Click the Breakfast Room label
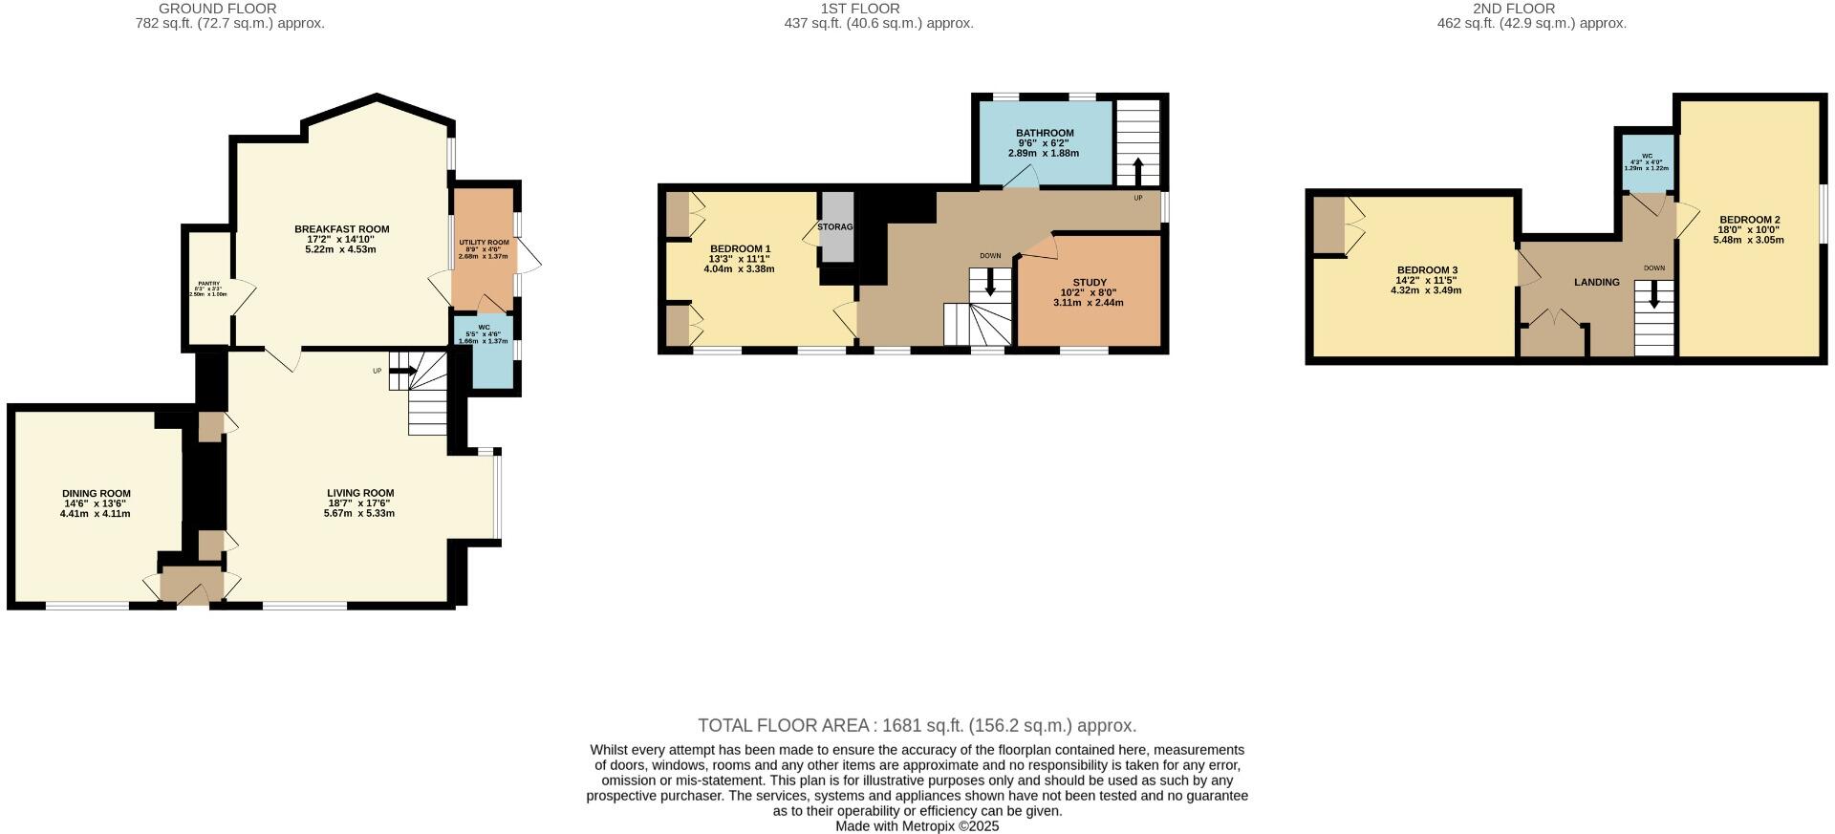coord(341,229)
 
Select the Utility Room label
coord(484,243)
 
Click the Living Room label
coord(360,493)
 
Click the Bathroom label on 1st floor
coord(1044,133)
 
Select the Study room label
coord(1089,283)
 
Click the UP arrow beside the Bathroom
coord(1137,171)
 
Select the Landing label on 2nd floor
coord(1596,282)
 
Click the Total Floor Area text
coord(917,725)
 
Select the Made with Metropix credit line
coord(917,826)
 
